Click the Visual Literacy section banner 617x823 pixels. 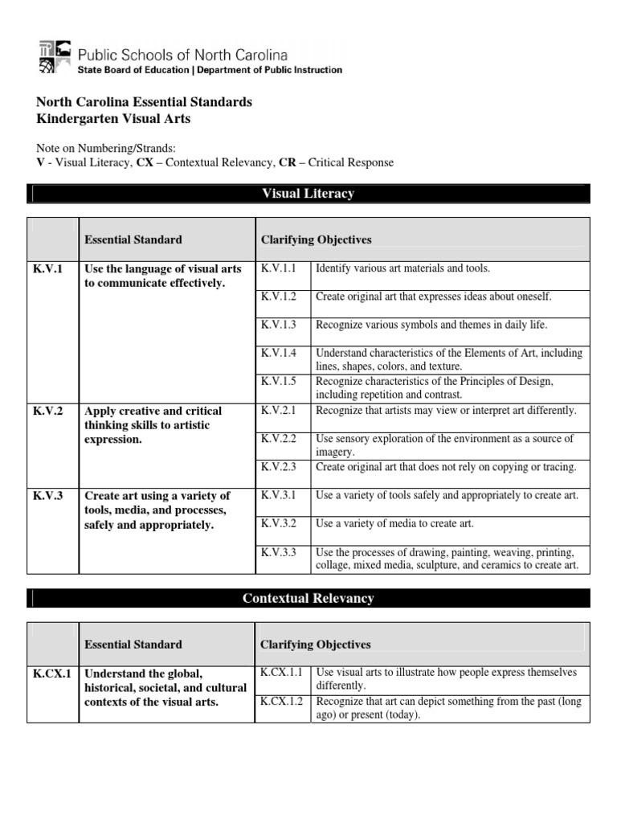click(x=308, y=194)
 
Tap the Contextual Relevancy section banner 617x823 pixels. click(x=308, y=598)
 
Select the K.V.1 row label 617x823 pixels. click(x=47, y=268)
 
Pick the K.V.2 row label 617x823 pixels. click(x=47, y=411)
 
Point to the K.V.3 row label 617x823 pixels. click(x=47, y=495)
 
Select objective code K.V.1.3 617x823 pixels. click(x=279, y=325)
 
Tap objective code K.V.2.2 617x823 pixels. click(x=279, y=439)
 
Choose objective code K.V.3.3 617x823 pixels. click(x=279, y=552)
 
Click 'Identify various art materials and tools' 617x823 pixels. click(x=402, y=268)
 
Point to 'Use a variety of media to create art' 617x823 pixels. click(x=394, y=523)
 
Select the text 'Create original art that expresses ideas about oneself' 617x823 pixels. click(x=433, y=297)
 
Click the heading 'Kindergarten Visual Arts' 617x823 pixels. click(x=114, y=119)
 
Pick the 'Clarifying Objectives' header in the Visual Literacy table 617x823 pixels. click(x=316, y=240)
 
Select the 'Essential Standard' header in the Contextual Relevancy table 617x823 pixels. click(x=133, y=644)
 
